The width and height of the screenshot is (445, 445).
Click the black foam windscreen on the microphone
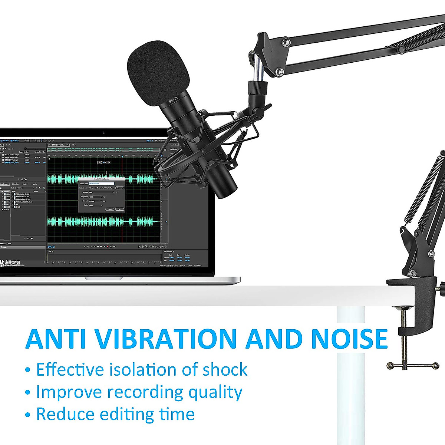pyautogui.click(x=159, y=72)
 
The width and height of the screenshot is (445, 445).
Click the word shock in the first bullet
pyautogui.click(x=225, y=370)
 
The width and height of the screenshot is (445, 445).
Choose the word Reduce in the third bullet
pyautogui.click(x=65, y=414)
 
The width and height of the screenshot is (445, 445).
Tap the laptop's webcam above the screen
pyautogui.click(x=103, y=132)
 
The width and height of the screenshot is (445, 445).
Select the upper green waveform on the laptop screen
pyautogui.click(x=104, y=179)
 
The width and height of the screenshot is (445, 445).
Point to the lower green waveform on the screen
pyautogui.click(x=104, y=222)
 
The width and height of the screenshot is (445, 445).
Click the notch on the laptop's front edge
pyautogui.click(x=104, y=278)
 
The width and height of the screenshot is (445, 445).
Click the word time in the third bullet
pyautogui.click(x=177, y=414)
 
